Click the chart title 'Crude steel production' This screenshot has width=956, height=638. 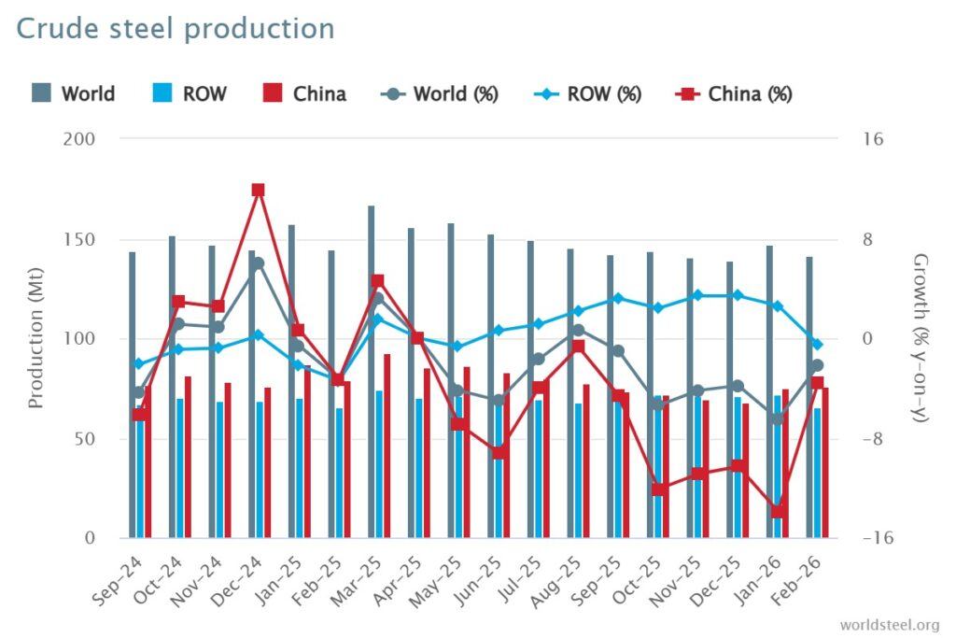click(175, 28)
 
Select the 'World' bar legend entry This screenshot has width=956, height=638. click(74, 93)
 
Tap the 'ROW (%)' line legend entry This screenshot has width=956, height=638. click(588, 93)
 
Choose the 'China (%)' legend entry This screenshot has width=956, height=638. click(734, 93)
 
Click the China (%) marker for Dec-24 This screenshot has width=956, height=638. click(259, 190)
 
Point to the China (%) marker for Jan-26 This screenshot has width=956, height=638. click(777, 511)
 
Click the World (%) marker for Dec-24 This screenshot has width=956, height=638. click(259, 263)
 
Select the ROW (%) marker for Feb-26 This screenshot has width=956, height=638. click(817, 345)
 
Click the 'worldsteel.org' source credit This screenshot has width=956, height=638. click(889, 624)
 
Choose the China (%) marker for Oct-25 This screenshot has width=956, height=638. click(659, 489)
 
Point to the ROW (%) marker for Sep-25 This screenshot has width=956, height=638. click(617, 299)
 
